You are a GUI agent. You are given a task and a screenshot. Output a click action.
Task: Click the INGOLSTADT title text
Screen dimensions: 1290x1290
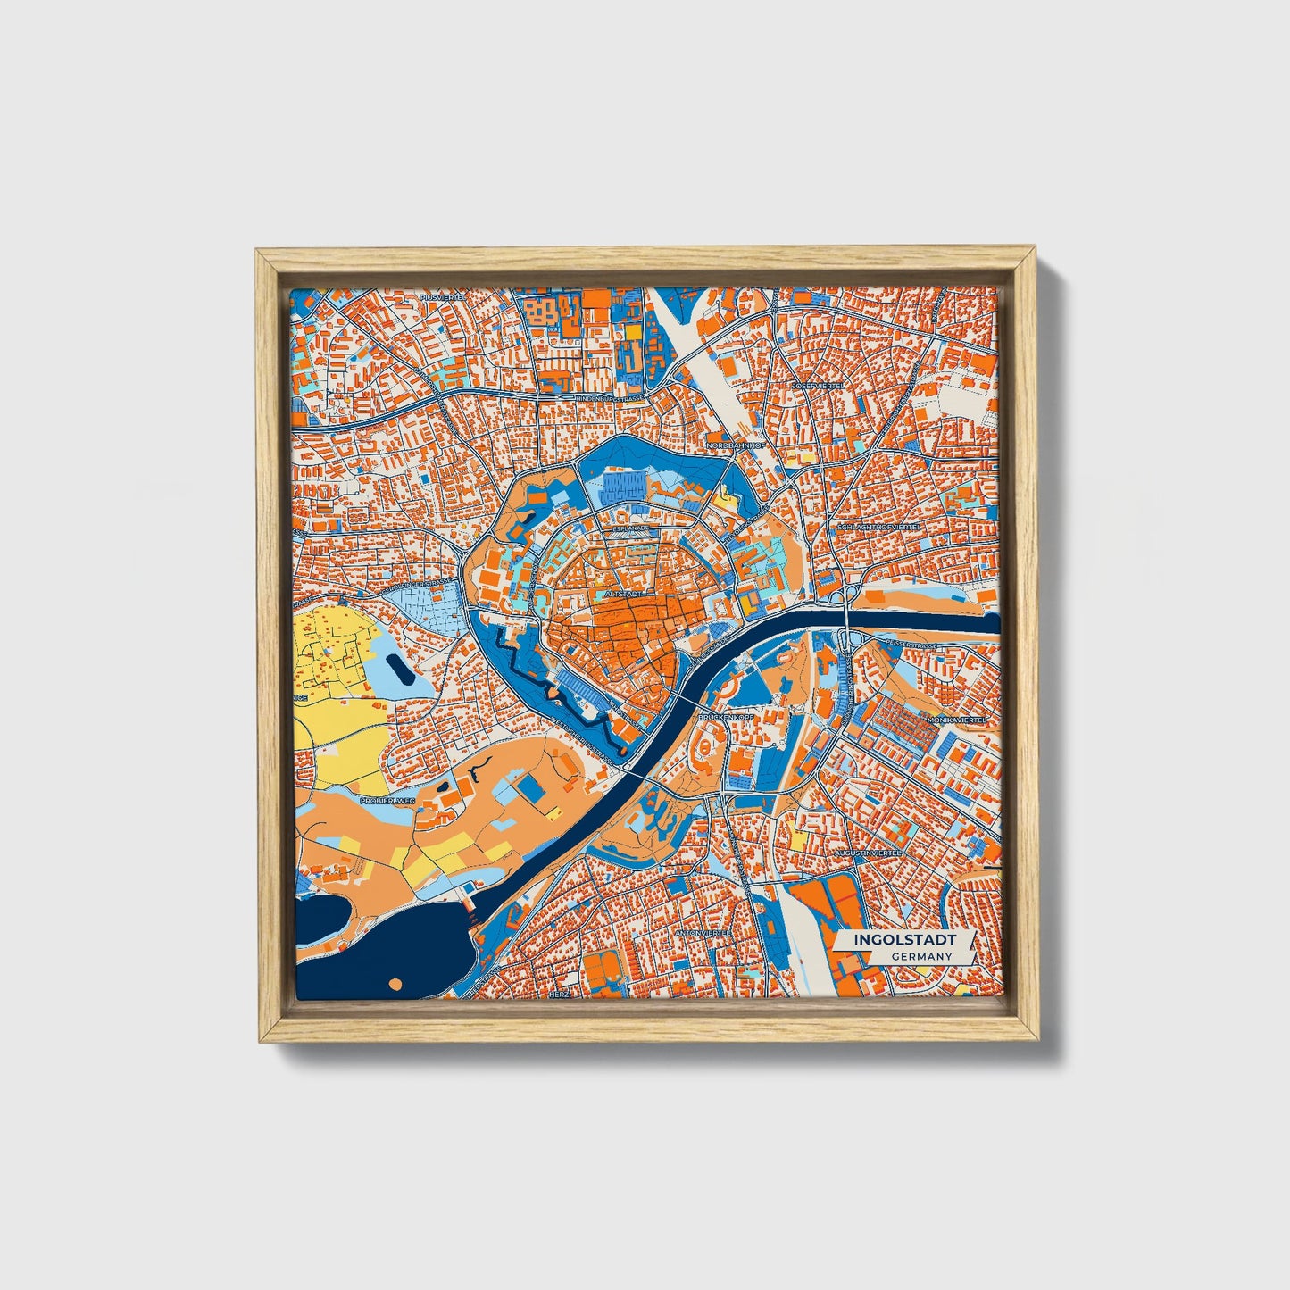pyautogui.click(x=904, y=940)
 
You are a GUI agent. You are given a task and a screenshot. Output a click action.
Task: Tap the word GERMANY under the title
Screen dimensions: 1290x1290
pyautogui.click(x=920, y=956)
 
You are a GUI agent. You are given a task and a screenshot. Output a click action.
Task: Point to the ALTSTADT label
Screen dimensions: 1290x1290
pyautogui.click(x=622, y=592)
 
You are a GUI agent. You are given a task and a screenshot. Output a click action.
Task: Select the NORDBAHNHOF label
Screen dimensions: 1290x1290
pyautogui.click(x=736, y=444)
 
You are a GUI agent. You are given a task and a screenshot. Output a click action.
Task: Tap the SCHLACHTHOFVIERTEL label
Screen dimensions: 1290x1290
pyautogui.click(x=878, y=527)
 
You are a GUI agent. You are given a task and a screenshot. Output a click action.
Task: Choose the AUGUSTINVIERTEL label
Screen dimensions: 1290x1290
pyautogui.click(x=867, y=853)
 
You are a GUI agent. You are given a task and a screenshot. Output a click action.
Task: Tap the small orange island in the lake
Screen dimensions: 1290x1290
pyautogui.click(x=396, y=983)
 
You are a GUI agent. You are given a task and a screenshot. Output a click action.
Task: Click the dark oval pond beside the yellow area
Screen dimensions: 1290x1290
pyautogui.click(x=401, y=667)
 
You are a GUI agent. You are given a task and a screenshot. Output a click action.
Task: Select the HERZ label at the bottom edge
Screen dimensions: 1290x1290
pyautogui.click(x=559, y=994)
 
